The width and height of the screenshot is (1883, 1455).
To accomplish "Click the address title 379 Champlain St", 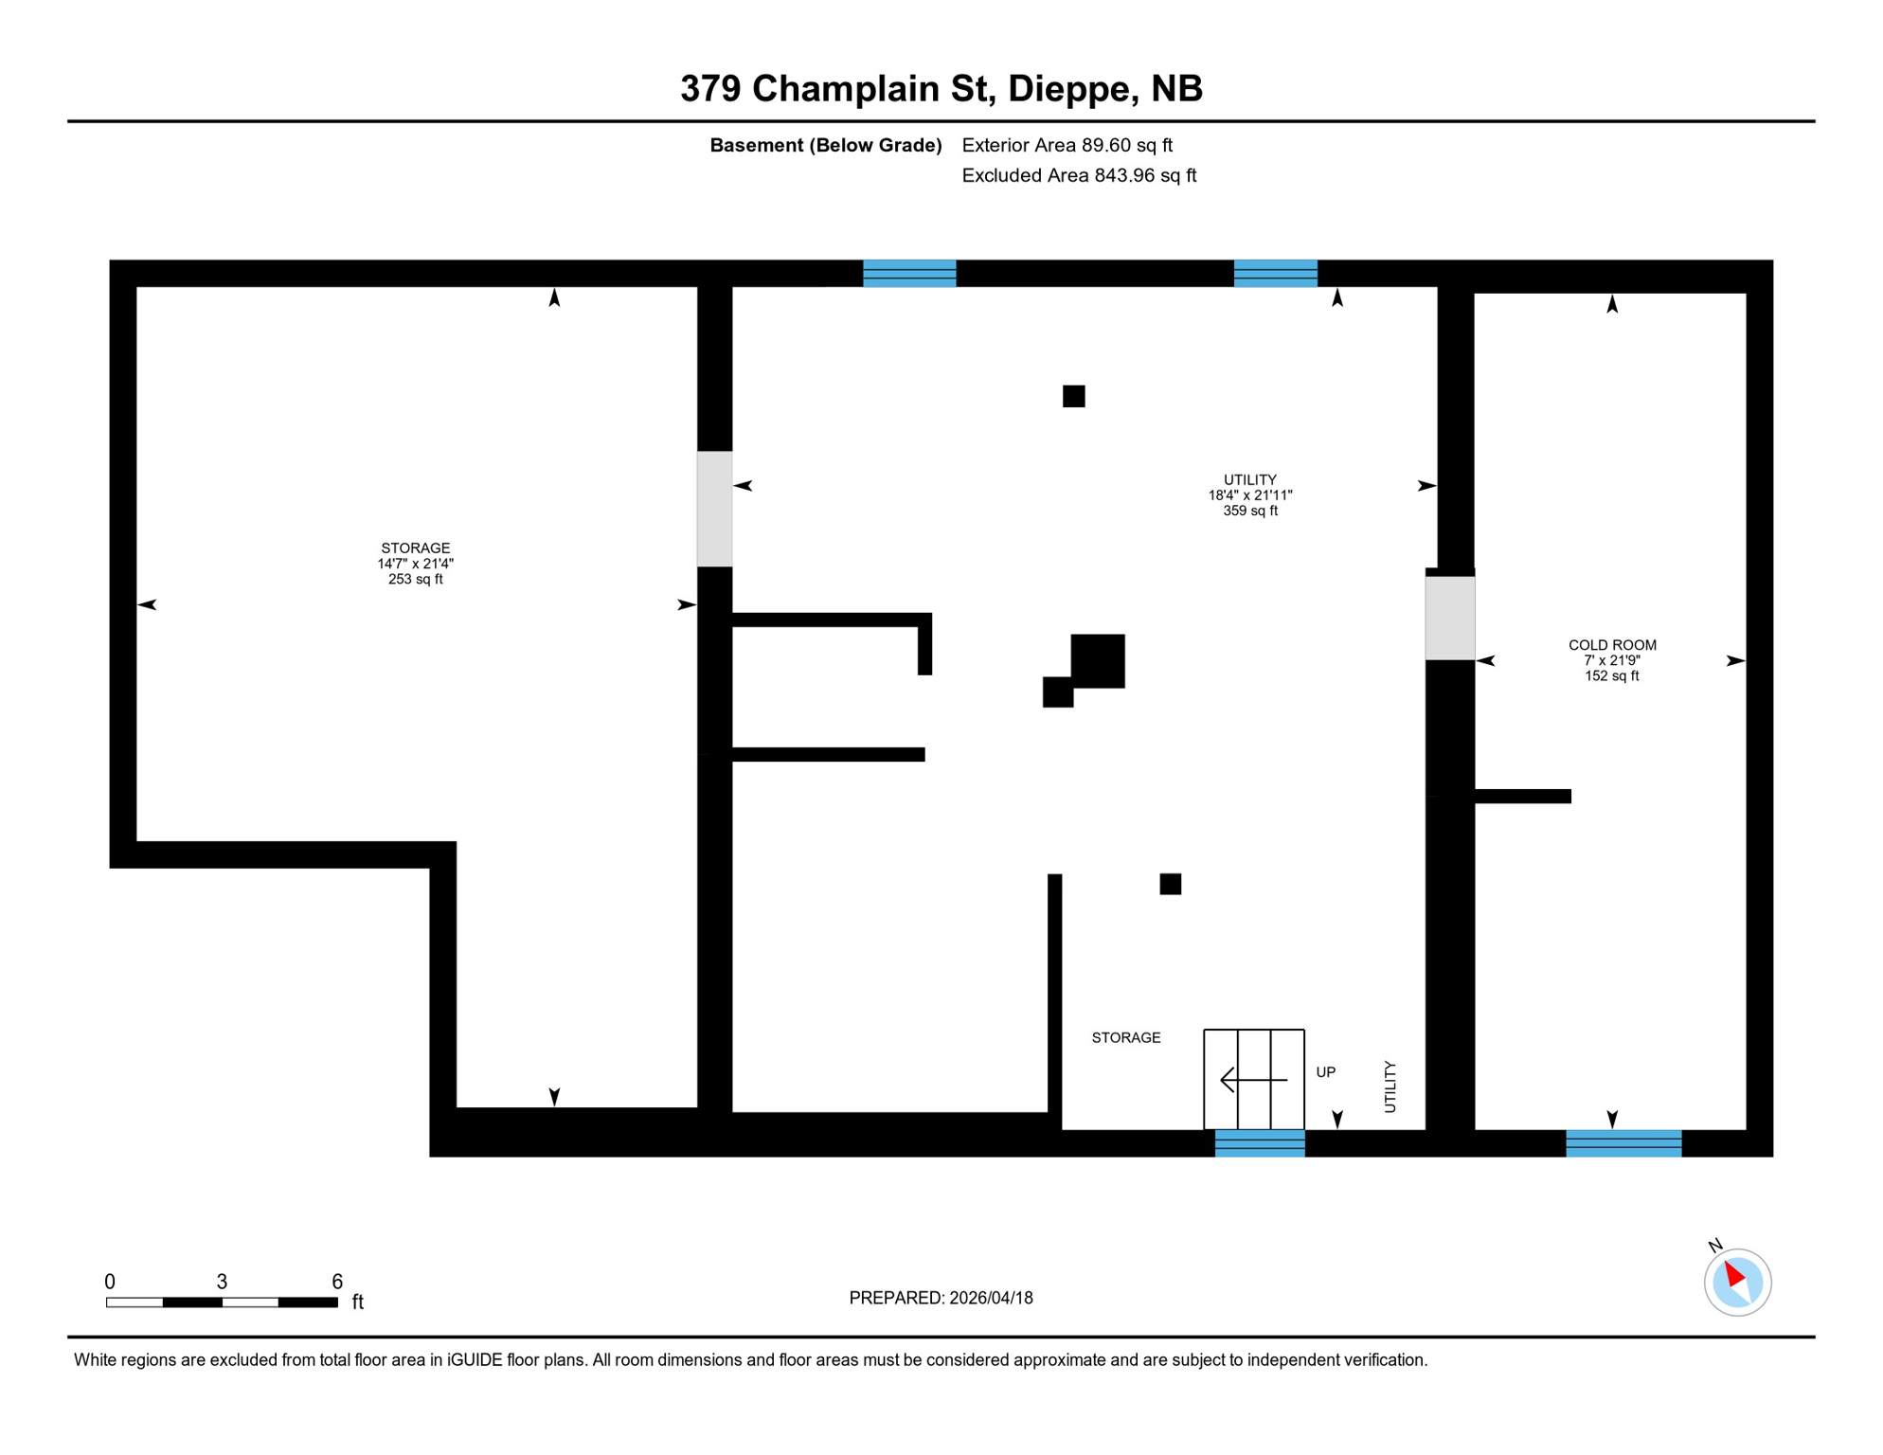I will click(x=941, y=88).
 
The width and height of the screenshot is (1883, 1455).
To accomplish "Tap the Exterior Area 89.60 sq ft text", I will click(x=1067, y=145).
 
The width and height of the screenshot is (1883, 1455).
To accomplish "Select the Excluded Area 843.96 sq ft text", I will click(x=1078, y=175).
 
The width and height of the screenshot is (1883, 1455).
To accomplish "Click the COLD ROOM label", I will click(x=1611, y=645).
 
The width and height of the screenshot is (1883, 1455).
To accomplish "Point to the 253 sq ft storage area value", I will click(x=415, y=579).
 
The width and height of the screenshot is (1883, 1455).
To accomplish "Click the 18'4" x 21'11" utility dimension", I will click(x=1249, y=494).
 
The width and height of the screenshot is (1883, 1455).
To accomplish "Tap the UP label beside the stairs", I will click(x=1325, y=1072).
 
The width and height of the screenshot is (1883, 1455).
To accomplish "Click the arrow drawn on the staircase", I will click(x=1252, y=1079).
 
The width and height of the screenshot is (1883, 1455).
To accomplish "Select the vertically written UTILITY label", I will click(x=1390, y=1087).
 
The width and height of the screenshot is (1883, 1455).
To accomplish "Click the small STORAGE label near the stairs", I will click(x=1125, y=1037).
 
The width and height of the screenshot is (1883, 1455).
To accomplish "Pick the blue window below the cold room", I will click(x=1623, y=1143).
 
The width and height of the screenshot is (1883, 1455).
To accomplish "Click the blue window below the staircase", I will click(x=1259, y=1143).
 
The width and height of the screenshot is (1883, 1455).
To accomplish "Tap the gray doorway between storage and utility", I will click(x=714, y=509).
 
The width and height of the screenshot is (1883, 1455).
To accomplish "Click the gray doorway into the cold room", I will click(x=1449, y=618).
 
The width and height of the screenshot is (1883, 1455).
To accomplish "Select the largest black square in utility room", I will click(x=1097, y=660).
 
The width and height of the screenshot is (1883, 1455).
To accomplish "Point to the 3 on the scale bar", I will click(x=222, y=1281).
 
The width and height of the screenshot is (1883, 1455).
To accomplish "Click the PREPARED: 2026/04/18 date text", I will click(x=940, y=1298).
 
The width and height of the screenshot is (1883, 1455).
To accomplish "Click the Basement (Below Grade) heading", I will click(x=825, y=145).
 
